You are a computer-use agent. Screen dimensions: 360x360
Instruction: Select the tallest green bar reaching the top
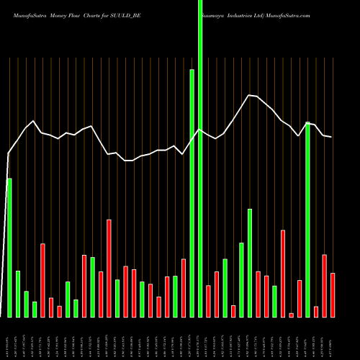pos(200,158)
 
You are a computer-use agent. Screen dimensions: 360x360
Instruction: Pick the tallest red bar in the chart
pos(109,268)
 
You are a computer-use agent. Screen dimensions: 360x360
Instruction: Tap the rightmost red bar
pos(333,295)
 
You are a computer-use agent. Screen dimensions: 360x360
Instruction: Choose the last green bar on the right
pos(307,220)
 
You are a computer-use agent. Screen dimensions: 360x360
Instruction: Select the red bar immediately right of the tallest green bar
pos(208,301)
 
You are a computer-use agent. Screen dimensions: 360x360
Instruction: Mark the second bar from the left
pos(18,294)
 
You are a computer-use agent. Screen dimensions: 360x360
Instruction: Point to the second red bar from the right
pos(324,286)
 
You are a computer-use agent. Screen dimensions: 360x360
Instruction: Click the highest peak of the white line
pos(249,95)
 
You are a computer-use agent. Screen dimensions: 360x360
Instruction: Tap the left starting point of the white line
pos(9,153)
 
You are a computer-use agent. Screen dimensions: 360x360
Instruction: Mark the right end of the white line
pos(331,137)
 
